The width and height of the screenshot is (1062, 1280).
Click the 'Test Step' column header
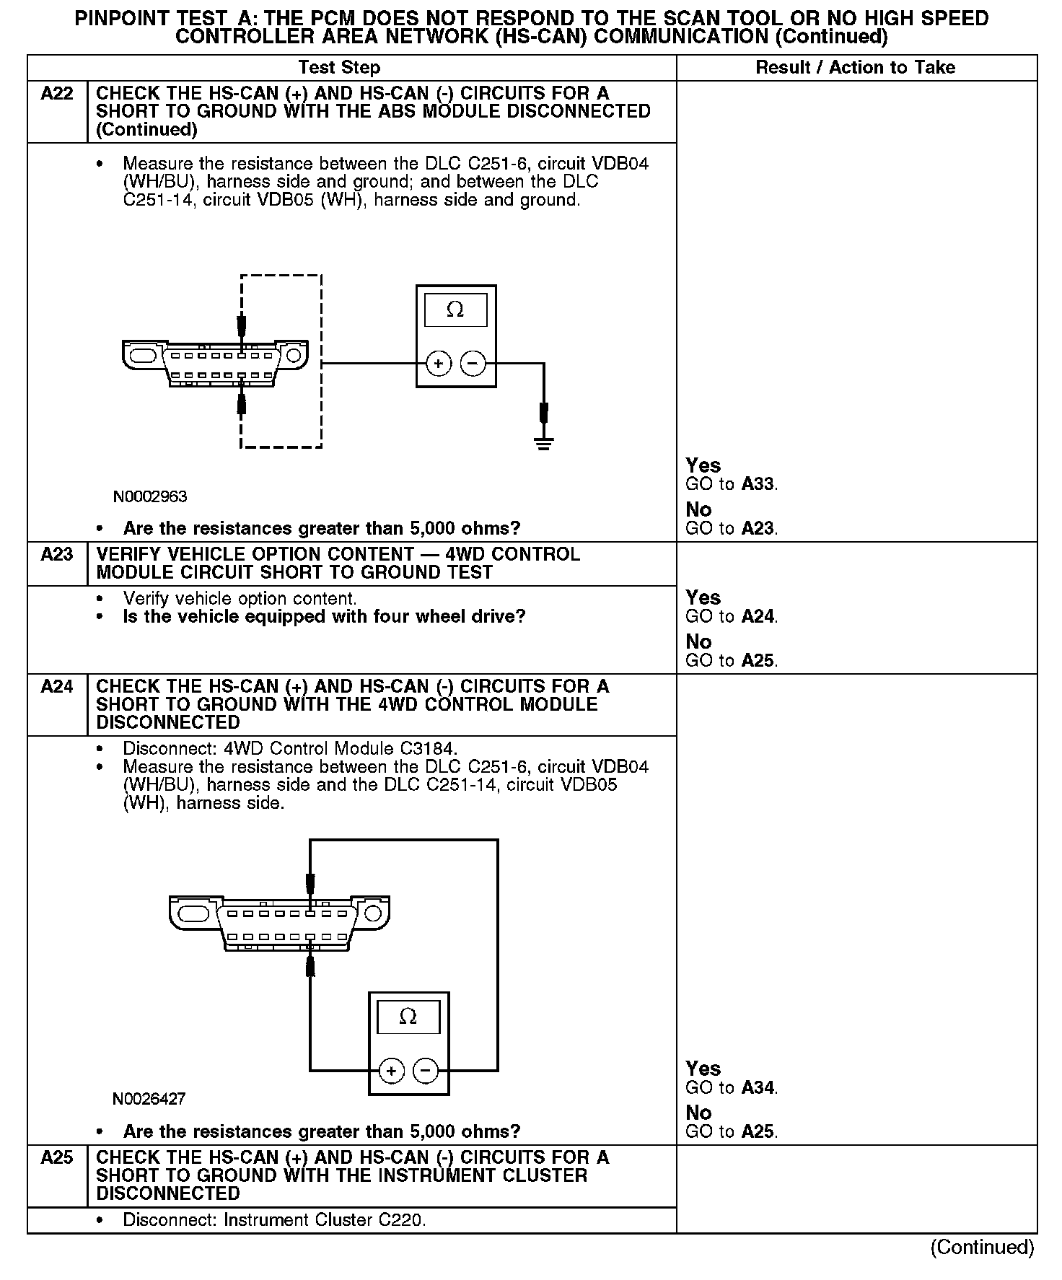tap(339, 68)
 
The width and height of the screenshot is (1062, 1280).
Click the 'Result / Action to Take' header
tap(855, 68)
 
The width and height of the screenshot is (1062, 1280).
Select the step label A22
tap(57, 94)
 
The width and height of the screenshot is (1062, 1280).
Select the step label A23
tap(57, 555)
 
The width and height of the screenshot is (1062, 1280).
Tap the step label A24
tap(57, 687)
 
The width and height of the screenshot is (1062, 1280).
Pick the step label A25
tap(57, 1158)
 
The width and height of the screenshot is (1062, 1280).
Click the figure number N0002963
tap(150, 497)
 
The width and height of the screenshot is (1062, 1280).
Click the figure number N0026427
tap(149, 1099)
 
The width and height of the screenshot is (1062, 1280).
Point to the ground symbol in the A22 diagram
tap(544, 442)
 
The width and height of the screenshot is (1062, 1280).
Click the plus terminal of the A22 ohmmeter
tap(439, 364)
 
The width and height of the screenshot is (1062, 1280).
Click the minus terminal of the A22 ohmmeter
tap(473, 364)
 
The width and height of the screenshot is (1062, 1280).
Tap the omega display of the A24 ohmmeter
tap(408, 1017)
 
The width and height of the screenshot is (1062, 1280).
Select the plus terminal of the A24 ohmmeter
tap(391, 1071)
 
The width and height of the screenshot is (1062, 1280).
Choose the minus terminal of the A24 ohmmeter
tap(426, 1071)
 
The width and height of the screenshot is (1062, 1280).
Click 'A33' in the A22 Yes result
tap(758, 484)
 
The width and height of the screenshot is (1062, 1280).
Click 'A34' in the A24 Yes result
tap(758, 1087)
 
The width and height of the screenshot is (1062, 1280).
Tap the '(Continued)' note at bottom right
tap(982, 1247)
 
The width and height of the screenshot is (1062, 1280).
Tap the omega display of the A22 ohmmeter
tap(455, 310)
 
